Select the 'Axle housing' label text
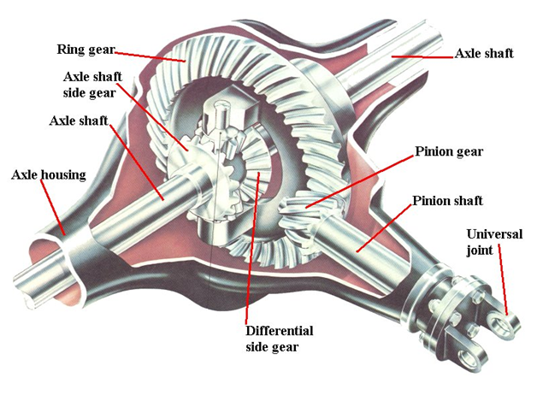tap(48, 175)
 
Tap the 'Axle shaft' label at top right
tap(484, 53)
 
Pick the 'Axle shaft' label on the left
tap(78, 121)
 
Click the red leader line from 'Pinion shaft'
tap(385, 227)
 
